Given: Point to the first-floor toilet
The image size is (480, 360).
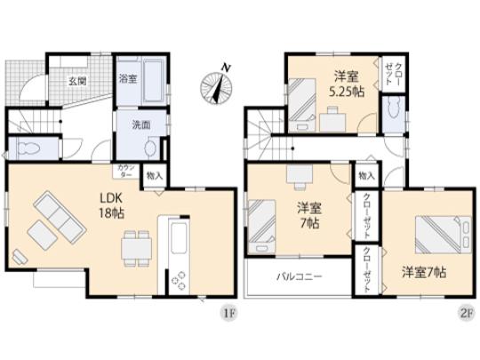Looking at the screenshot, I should pyautogui.click(x=26, y=146).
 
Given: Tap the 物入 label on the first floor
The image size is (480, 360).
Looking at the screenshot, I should pyautogui.click(x=154, y=176).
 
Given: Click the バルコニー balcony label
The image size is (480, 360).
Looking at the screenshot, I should pyautogui.click(x=298, y=276).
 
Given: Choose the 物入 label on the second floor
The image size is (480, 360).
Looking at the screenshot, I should pyautogui.click(x=366, y=176).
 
